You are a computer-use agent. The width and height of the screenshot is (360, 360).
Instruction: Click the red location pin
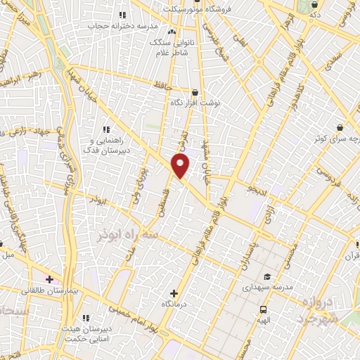coord(181,166)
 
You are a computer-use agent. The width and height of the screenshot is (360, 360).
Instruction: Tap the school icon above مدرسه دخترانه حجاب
coord(122,15)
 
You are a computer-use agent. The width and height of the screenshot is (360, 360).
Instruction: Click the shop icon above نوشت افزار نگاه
coord(195,91)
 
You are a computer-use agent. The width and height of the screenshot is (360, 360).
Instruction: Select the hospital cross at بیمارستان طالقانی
coord(49,279)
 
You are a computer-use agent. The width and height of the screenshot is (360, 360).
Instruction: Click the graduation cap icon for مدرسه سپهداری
coord(266,276)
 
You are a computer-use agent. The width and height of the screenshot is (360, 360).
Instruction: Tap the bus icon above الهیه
coord(263,309)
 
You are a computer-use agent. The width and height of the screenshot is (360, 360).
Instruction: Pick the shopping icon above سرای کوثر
coord(340,128)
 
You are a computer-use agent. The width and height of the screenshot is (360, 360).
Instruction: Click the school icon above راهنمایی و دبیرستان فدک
coord(106,129)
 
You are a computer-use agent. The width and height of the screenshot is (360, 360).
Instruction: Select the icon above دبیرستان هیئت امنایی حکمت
coord(86,318)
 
